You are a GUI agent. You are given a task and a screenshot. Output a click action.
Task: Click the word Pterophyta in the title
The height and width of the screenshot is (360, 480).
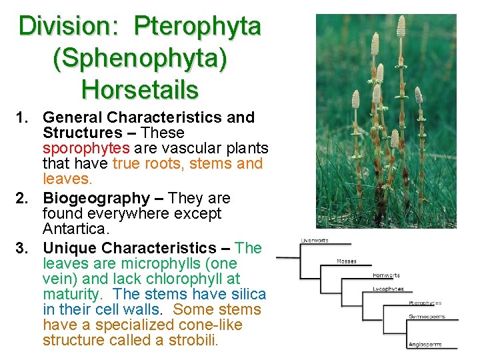(197, 27)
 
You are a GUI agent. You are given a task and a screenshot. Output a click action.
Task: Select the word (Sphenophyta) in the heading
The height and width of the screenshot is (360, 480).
(140, 58)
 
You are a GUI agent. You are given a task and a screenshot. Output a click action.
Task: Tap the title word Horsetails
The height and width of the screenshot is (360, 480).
(140, 89)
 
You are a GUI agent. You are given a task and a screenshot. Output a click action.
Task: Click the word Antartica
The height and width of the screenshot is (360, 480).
(74, 229)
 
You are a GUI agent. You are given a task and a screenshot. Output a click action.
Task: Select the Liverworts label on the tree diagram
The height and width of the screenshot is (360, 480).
(315, 240)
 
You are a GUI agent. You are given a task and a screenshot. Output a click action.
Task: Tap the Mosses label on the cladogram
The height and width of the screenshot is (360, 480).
(346, 261)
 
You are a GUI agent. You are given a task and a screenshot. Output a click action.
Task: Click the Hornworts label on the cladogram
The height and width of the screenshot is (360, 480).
(386, 275)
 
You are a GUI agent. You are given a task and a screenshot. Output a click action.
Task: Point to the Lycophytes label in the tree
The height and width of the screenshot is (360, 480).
(388, 289)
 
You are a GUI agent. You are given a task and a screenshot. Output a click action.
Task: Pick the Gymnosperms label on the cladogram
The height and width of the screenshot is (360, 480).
(426, 317)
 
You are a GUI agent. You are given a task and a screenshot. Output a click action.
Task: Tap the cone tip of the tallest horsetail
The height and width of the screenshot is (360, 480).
(401, 27)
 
